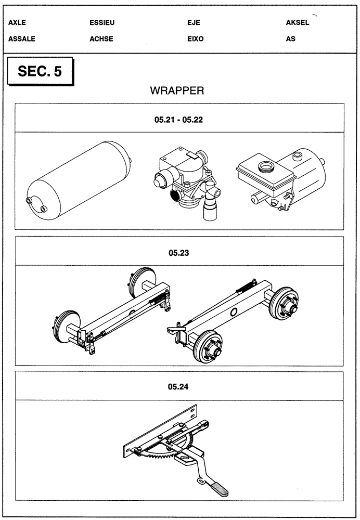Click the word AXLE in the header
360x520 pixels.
tap(17, 23)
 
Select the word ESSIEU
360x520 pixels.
tap(102, 23)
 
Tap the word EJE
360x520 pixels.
tap(194, 23)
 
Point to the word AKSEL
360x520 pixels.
tap(298, 23)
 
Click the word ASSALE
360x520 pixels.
tap(22, 38)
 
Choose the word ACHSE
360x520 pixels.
tap(101, 38)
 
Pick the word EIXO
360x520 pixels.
tap(195, 38)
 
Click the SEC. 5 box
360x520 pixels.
tap(40, 72)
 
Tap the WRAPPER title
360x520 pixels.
tap(177, 91)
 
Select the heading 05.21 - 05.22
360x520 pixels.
tap(178, 119)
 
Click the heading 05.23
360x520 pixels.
tap(178, 253)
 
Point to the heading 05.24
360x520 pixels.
tap(178, 387)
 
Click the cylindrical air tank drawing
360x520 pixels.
tap(78, 178)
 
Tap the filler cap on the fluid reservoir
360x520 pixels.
tap(265, 167)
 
